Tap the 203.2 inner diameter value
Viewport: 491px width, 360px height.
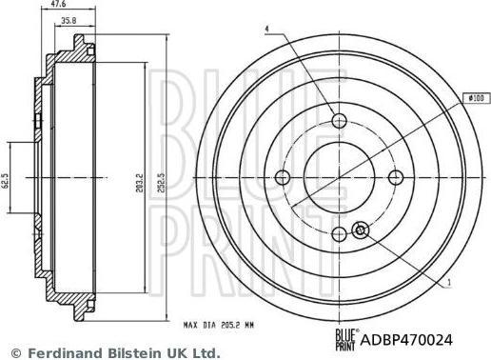coord(140,183)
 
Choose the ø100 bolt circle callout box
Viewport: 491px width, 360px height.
coord(477,98)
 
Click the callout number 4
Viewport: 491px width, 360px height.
coord(267,29)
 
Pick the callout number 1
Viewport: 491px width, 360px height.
coord(449,282)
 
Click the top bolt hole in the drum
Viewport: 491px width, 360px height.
coord(339,121)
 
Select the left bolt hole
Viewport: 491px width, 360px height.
coord(283,177)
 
